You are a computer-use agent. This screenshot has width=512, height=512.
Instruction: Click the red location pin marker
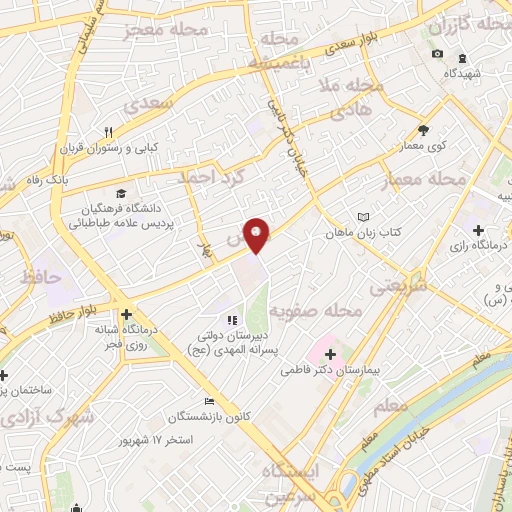(257, 235)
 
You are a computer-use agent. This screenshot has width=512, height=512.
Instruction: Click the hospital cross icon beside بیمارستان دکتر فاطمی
(330, 353)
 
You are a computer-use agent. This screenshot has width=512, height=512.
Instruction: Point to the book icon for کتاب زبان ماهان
(363, 217)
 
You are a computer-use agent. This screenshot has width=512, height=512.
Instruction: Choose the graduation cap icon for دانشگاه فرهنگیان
(120, 193)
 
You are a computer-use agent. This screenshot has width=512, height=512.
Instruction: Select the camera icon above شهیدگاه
(437, 54)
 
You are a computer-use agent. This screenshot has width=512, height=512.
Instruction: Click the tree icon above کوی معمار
(423, 129)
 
